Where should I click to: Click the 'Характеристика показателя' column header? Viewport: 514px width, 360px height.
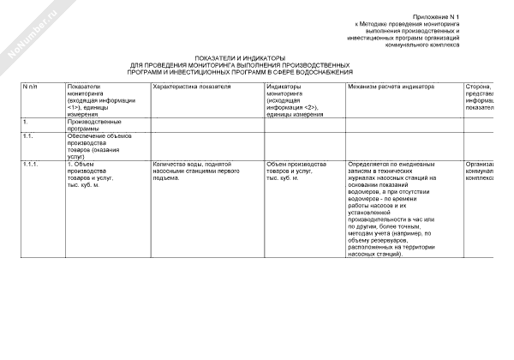pos(190,87)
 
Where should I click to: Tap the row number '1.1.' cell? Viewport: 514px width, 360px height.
pos(29,135)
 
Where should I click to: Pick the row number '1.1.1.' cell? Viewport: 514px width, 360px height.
pos(32,163)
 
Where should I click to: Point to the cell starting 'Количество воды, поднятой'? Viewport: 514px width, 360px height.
pos(216,167)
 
